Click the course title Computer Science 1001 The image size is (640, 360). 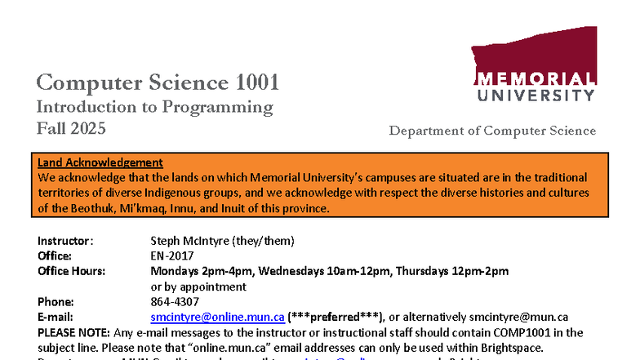[158, 82]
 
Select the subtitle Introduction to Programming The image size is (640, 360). [154, 107]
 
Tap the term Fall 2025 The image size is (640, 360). [71, 128]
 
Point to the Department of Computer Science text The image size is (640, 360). [492, 131]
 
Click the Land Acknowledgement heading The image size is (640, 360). [100, 162]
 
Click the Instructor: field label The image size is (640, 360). [66, 241]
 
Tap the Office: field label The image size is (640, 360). [56, 256]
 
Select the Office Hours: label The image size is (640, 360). [73, 271]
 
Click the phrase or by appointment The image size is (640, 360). [198, 287]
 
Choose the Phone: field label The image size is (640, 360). [56, 301]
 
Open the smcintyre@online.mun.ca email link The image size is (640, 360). [218, 317]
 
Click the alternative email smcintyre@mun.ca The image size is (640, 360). [518, 317]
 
